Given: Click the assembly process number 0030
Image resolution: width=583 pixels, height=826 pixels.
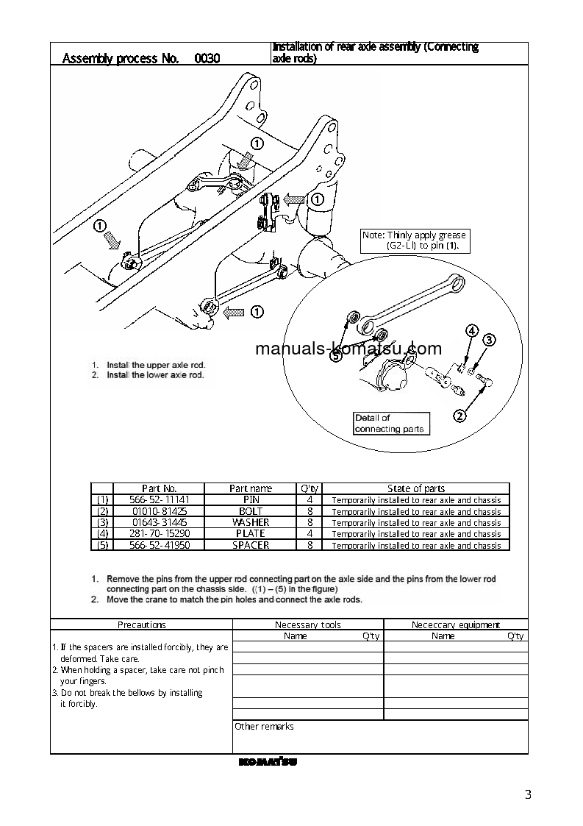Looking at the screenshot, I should tap(207, 59).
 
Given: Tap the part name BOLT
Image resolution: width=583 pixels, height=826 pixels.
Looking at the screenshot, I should tap(251, 511).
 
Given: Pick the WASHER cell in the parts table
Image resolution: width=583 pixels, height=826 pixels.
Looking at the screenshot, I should tap(251, 522).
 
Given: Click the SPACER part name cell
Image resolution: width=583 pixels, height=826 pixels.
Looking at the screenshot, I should tap(251, 545).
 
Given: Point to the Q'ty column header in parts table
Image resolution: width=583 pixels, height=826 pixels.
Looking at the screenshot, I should tap(309, 488).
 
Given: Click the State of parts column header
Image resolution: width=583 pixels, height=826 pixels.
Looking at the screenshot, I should tap(416, 488).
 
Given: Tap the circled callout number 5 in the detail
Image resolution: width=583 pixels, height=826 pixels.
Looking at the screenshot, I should tap(336, 357).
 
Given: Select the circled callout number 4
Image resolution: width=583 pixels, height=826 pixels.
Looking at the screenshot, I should tap(471, 331).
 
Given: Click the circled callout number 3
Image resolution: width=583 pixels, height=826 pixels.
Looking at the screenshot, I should tap(489, 340).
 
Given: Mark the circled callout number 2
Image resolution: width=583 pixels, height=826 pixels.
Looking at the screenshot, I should tap(460, 416).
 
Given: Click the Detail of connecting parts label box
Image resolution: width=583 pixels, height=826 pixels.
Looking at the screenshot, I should tap(389, 423).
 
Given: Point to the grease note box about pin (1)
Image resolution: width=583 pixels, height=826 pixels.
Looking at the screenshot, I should tap(415, 241).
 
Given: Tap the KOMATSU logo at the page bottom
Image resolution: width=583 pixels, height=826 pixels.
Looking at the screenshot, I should tap(268, 762).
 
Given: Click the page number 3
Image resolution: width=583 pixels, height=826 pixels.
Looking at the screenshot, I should tap(528, 794).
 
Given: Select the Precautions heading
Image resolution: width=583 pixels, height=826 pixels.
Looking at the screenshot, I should tap(142, 625).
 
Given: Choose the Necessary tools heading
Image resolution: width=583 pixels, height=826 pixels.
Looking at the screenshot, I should tap(308, 625).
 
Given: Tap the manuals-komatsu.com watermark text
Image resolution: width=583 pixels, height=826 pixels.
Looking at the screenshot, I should tap(348, 349).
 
